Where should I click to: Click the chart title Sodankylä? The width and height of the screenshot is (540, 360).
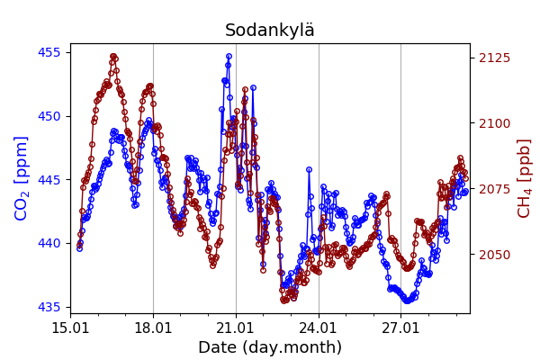270,31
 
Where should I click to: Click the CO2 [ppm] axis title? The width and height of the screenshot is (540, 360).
22,178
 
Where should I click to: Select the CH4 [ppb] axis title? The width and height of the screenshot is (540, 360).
525,178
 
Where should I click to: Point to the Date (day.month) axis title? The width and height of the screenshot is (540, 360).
270,347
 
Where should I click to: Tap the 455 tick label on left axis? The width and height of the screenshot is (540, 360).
50,52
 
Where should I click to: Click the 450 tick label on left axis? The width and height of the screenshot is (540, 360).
50,116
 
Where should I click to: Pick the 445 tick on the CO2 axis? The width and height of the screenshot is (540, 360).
50,180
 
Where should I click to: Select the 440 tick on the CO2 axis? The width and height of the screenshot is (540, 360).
50,243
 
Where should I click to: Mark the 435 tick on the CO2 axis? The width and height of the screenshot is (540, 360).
50,307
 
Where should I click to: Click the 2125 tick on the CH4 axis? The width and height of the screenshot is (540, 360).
494,58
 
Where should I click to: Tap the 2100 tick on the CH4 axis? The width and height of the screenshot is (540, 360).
494,123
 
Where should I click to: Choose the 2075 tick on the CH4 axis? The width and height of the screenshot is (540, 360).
494,189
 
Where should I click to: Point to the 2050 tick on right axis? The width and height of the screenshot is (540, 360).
494,255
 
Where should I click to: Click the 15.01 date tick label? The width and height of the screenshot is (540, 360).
70,327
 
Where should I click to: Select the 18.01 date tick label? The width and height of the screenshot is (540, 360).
153,327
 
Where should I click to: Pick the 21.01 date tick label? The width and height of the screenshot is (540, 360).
236,327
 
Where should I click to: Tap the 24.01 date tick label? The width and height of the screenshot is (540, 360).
319,327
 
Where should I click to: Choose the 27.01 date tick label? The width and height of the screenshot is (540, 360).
400,327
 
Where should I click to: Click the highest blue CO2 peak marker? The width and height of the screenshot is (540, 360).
229,56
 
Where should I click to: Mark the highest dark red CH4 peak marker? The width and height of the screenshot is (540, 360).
113,56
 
